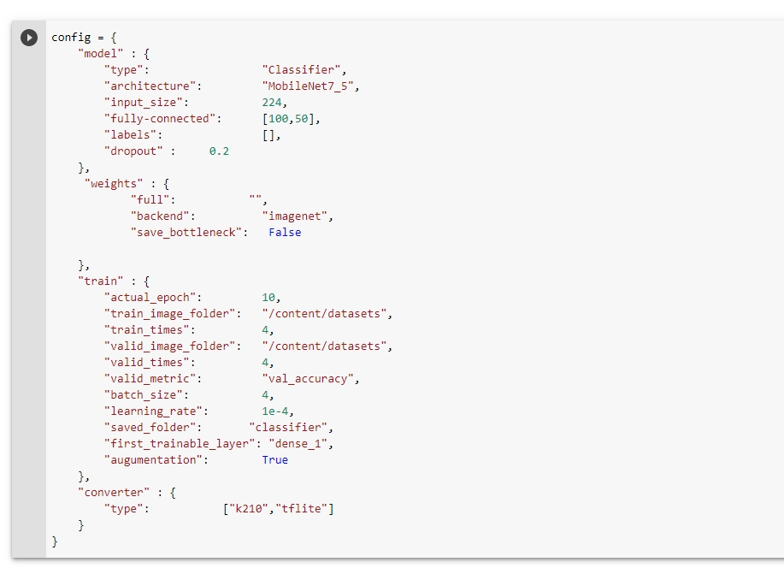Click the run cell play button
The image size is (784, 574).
[x=29, y=38]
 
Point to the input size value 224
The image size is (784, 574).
[x=272, y=103]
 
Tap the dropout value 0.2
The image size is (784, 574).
[x=219, y=151]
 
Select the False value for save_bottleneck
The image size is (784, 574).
[x=285, y=232]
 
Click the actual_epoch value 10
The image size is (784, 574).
[x=268, y=297]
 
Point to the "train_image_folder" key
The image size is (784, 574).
[x=170, y=314]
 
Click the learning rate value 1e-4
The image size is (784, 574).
[x=275, y=411]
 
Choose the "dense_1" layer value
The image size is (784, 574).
[x=298, y=444]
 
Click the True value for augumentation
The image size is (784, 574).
[x=275, y=460]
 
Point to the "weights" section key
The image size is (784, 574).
[x=114, y=184]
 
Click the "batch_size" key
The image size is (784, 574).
[x=144, y=395]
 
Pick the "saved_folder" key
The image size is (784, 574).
[x=150, y=428]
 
